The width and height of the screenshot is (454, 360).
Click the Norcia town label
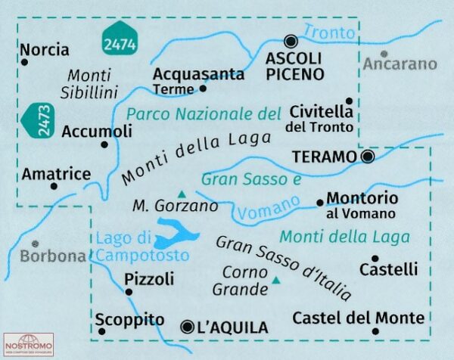coord(45,50)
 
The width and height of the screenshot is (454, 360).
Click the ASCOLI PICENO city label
coord(294,66)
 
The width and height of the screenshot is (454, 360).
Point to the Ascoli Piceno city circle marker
coord(291,42)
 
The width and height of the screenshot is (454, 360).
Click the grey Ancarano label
coord(400,64)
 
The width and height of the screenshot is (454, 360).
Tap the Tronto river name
coord(328,33)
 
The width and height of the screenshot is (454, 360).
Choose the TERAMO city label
coord(323,157)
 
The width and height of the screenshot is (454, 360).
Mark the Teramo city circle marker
coord(368,157)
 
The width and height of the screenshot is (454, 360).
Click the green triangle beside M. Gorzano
coord(181,193)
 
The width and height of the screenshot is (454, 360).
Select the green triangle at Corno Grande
coord(275,281)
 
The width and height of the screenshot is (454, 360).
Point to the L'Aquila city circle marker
coord(188,327)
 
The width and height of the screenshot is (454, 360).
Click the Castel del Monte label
coord(358,317)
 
